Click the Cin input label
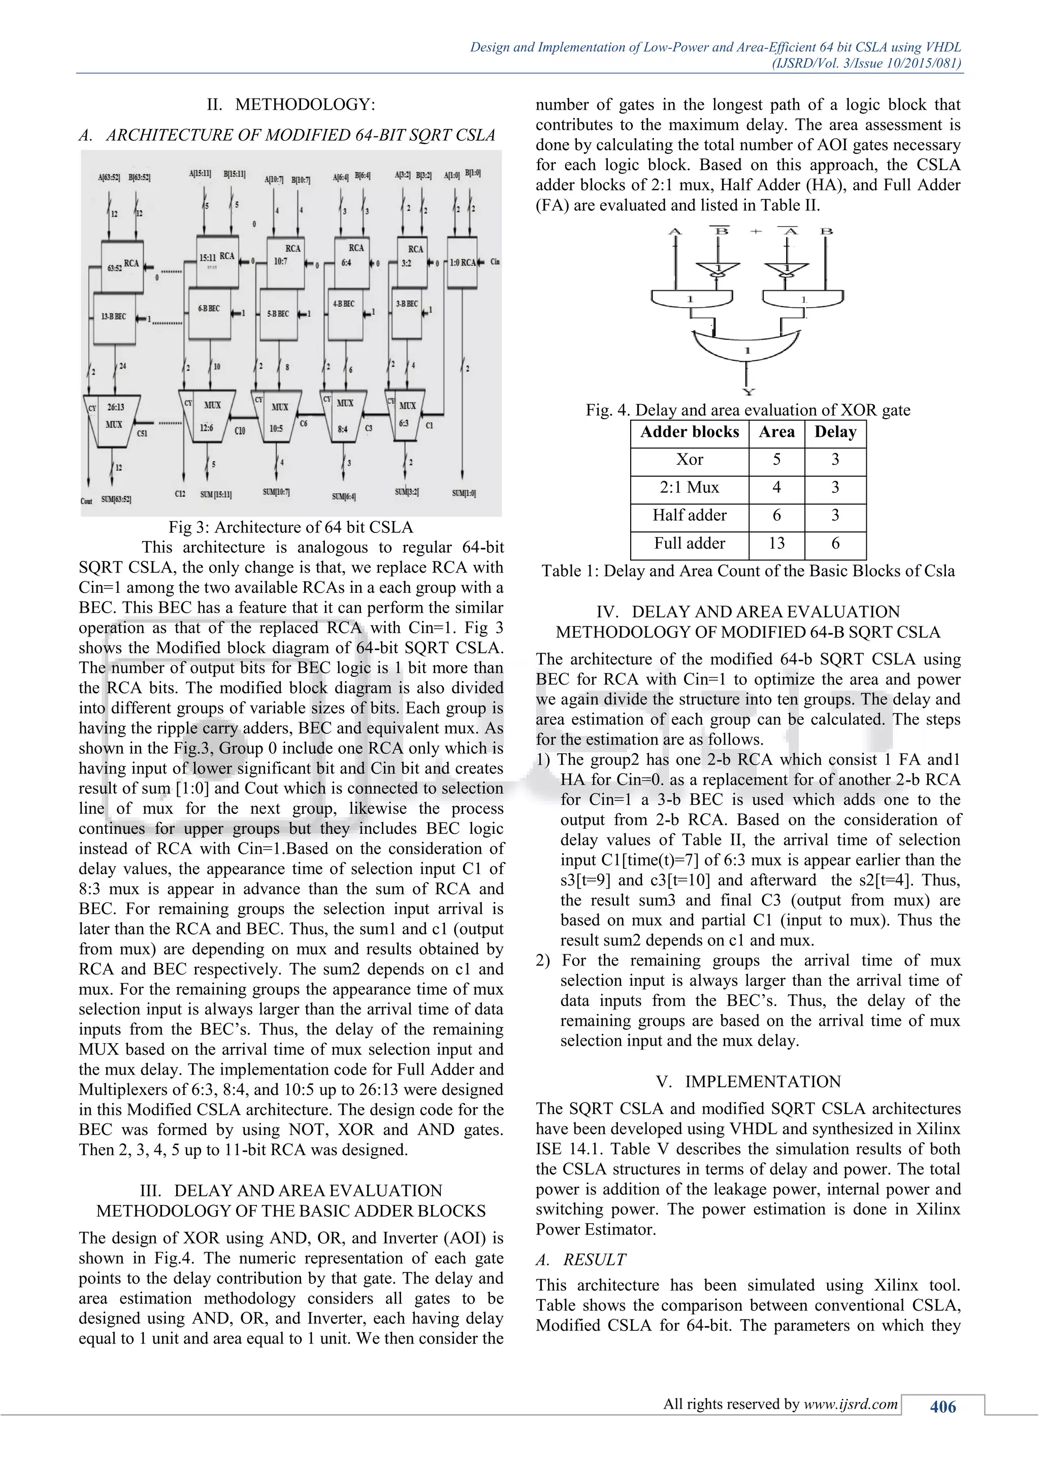click(x=495, y=261)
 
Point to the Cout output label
click(x=86, y=500)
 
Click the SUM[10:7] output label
click(x=276, y=492)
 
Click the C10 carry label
click(x=240, y=431)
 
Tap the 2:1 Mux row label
click(x=689, y=488)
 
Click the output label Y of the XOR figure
click(x=747, y=392)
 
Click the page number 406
click(x=942, y=1407)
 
